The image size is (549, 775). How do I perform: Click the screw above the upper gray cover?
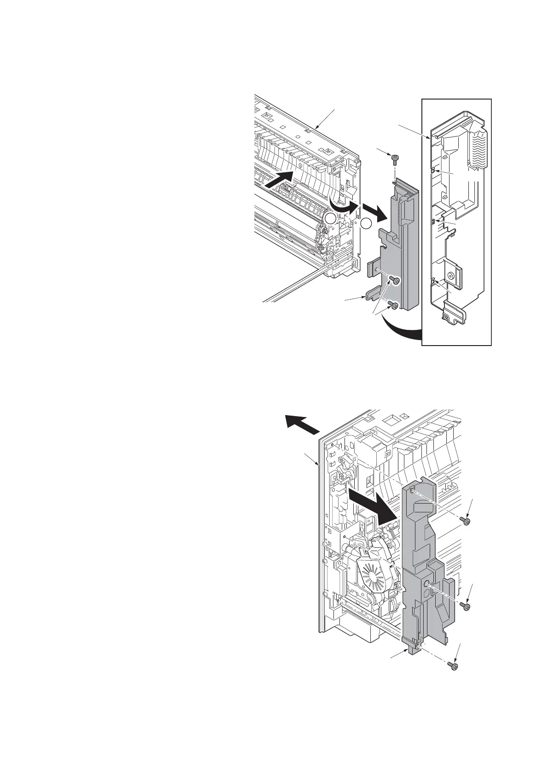point(395,159)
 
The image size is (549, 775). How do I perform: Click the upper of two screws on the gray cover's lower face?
point(394,280)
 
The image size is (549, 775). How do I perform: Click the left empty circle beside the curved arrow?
point(330,219)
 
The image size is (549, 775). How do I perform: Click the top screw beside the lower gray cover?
point(466,521)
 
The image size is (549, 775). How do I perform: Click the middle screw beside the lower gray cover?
point(466,606)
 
